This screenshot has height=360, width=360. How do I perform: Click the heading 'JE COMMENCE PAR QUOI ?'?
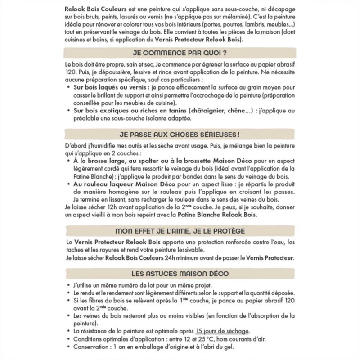point(180,53)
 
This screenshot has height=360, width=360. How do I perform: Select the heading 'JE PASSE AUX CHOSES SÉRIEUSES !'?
point(180,135)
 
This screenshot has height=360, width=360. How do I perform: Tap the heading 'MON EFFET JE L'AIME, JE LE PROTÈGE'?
point(180,231)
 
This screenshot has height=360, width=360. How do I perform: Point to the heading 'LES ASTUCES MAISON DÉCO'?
point(180,273)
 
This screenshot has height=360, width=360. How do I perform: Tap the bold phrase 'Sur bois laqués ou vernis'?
point(106,86)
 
